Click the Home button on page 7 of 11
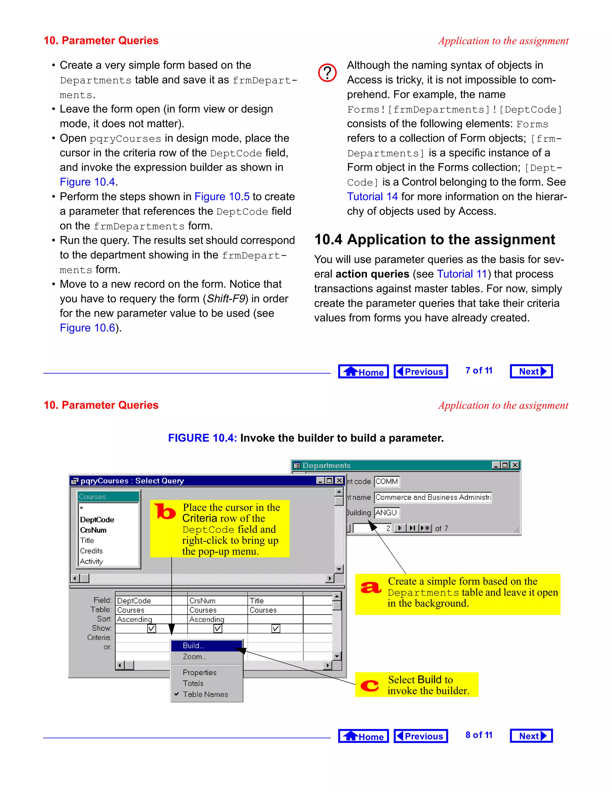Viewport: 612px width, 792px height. [x=363, y=372]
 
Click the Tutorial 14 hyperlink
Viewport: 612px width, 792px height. [x=372, y=197]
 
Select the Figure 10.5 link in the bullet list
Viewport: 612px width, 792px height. [x=222, y=197]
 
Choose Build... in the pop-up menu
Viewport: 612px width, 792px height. [x=194, y=646]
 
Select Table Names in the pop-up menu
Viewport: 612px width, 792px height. [x=205, y=695]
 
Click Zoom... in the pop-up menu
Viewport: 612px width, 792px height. [x=195, y=657]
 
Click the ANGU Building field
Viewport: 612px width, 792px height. [x=386, y=513]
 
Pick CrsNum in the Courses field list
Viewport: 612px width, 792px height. [x=93, y=530]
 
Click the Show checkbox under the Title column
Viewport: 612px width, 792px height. [x=276, y=629]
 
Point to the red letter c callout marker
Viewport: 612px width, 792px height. [x=369, y=685]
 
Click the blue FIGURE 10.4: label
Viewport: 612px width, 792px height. [x=202, y=438]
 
